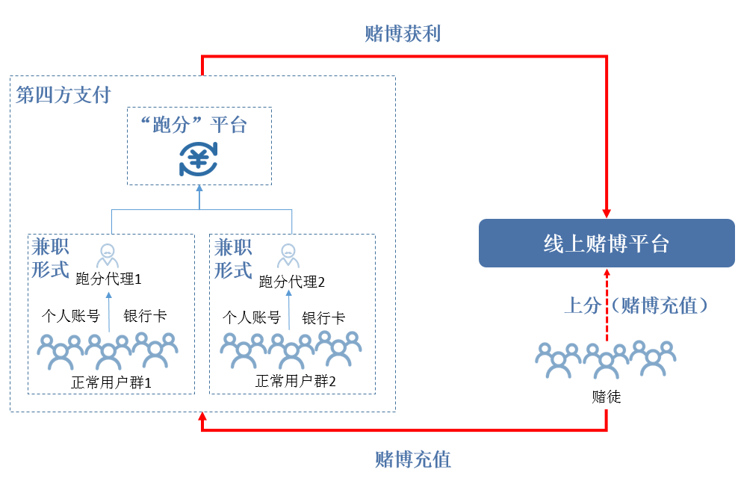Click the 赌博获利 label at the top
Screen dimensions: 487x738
(403, 34)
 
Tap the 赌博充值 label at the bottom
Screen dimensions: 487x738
(412, 459)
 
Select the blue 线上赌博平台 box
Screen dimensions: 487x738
(607, 243)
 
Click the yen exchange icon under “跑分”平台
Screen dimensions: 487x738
(199, 158)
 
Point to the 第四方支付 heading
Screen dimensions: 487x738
(63, 95)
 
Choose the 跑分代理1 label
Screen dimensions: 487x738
(109, 279)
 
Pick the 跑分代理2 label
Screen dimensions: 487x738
(291, 282)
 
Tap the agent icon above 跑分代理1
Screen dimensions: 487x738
(108, 254)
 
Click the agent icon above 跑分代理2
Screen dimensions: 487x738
(288, 255)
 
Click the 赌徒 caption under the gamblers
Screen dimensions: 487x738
(606, 397)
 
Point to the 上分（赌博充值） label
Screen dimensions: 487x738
(636, 305)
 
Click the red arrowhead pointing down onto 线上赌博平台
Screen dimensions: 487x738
(607, 212)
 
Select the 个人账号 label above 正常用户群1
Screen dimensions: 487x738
(70, 316)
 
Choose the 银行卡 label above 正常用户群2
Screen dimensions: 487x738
(323, 317)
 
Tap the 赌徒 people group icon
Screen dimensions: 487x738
(606, 359)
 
